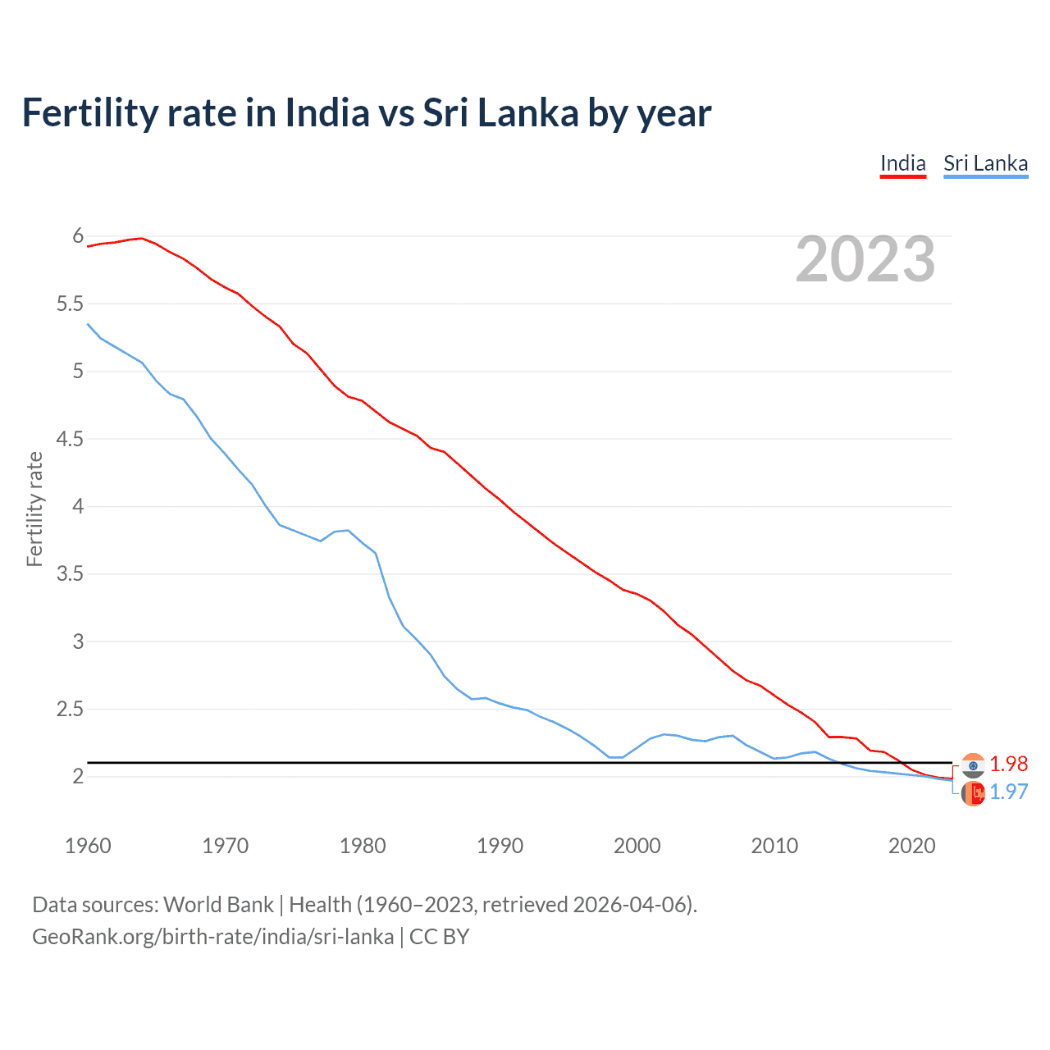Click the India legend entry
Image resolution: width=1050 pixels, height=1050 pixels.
(902, 163)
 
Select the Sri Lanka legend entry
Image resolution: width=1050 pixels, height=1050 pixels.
(985, 163)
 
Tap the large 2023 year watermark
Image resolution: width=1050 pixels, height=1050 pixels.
(865, 259)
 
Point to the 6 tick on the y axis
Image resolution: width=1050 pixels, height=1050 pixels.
(78, 236)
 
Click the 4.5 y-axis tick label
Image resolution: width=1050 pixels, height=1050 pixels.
(70, 439)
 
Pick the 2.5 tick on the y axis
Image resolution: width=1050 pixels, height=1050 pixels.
(70, 709)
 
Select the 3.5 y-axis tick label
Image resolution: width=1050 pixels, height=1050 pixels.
(70, 573)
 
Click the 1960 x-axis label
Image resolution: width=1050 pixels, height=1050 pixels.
(88, 846)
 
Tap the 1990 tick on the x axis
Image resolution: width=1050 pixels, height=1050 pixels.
(500, 846)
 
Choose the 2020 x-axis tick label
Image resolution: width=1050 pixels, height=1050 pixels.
(911, 846)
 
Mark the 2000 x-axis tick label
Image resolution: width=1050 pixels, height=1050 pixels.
(637, 846)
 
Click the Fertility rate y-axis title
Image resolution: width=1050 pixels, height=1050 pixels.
(34, 509)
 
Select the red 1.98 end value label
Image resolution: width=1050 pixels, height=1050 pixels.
(1008, 764)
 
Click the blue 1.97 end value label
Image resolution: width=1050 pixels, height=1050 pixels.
(1008, 792)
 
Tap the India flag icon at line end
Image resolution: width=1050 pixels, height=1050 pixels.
(973, 765)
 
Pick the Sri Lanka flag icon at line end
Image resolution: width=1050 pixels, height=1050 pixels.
(973, 793)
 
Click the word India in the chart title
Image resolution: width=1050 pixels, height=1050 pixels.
(326, 112)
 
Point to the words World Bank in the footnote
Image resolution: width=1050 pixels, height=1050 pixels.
(218, 905)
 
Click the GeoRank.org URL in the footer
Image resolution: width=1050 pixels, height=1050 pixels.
(212, 937)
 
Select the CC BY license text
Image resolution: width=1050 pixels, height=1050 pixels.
(439, 937)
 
